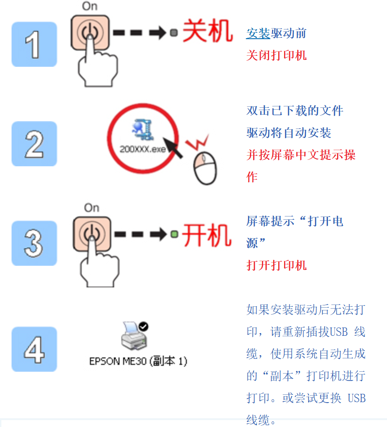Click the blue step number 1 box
pos(34,44)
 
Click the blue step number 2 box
pos(34,144)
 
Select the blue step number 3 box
pos(34,243)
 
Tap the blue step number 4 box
pos(34,349)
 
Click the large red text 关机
pos(208,31)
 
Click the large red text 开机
pos(207,235)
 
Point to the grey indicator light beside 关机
pos(174,33)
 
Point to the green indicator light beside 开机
pos(174,234)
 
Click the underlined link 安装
pos(258,34)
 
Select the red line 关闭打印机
pos(276,55)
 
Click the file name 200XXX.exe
pos(143,149)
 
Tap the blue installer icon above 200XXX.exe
pos(143,129)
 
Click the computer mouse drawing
pos(205,168)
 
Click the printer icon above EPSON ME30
pos(134,336)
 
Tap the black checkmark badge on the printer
pos(143,326)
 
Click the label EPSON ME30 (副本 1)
pos(138,361)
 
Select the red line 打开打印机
pos(276,265)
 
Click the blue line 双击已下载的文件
pos(295,111)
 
